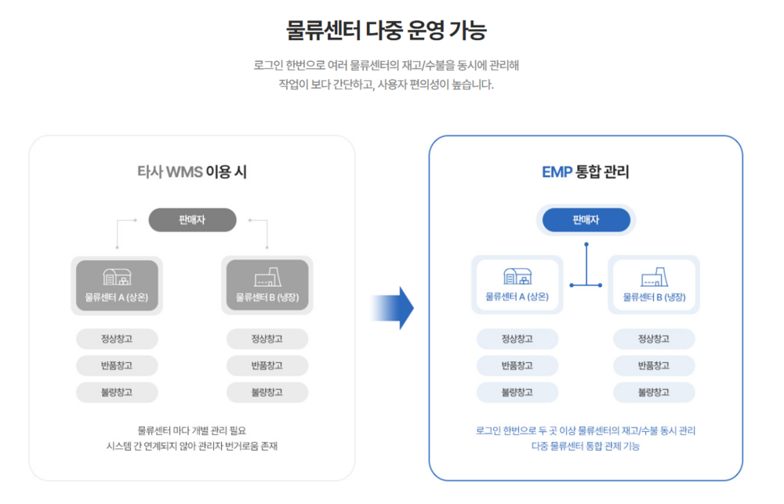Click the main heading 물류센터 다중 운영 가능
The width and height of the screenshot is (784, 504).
coord(386,31)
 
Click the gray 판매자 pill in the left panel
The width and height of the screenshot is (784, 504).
coord(192,219)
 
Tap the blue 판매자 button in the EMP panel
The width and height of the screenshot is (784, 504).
coord(586,219)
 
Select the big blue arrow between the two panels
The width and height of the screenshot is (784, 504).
coord(393,307)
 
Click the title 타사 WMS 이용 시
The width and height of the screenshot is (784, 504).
coord(192,172)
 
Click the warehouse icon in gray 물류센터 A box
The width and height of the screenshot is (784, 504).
coord(117,277)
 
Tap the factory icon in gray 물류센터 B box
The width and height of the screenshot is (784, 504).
coord(267,277)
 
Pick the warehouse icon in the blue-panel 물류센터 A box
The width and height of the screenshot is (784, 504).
coord(517,276)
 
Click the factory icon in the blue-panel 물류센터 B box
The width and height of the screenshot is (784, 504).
coord(654,277)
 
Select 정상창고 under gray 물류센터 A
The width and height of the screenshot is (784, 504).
coord(117,339)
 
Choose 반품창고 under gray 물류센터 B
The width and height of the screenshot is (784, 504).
coord(267,365)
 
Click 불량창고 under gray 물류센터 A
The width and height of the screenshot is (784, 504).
coord(117,392)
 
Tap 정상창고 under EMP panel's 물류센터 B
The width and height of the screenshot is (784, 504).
coord(654,339)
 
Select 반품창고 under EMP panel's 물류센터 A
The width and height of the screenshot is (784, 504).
coord(517,365)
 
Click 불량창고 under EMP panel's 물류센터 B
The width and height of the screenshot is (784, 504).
coord(654,392)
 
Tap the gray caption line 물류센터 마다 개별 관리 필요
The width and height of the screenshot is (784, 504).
coord(192,430)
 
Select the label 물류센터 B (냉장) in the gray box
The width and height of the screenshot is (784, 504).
coord(267,298)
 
